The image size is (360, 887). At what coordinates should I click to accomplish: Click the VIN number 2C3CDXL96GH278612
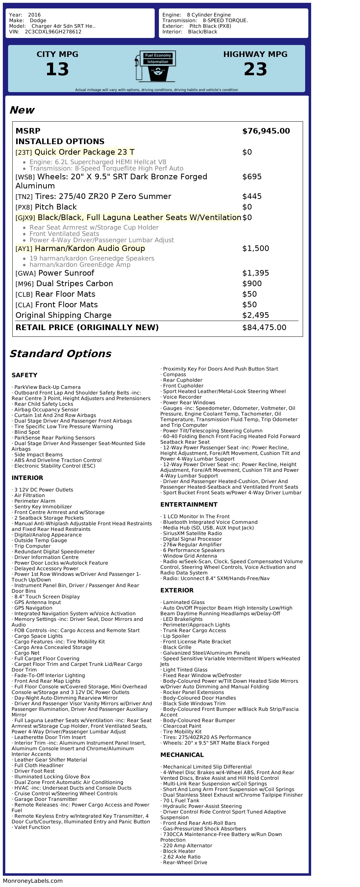tap(53, 32)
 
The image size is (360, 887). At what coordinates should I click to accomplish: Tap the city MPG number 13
tap(57, 69)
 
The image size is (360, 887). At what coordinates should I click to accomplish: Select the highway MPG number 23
tap(255, 69)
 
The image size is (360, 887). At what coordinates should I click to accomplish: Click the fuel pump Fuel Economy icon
tap(155, 66)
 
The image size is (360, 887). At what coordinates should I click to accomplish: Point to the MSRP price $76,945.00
tap(266, 131)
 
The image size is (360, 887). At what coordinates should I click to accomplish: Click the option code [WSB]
tap(25, 177)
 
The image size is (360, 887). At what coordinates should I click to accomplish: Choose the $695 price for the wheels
tap(252, 177)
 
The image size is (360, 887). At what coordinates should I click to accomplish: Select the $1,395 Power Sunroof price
tap(256, 273)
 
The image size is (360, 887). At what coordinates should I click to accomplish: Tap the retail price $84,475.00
tap(264, 328)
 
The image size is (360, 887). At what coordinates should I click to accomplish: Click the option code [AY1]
tap(24, 249)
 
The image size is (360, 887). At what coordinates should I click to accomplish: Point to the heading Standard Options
tap(60, 354)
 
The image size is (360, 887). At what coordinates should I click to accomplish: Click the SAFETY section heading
tap(24, 375)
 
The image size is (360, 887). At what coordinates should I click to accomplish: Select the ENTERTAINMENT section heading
tap(189, 504)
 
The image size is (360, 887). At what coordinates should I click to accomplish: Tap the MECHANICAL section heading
tap(182, 755)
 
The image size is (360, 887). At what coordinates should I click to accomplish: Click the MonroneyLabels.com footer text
tap(33, 881)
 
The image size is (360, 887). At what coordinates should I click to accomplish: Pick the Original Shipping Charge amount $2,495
tap(256, 315)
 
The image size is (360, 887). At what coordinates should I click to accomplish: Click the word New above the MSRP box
tap(22, 110)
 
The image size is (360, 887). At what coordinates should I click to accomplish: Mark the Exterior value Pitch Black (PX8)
tap(210, 26)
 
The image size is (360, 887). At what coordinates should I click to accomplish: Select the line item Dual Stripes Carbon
tap(75, 284)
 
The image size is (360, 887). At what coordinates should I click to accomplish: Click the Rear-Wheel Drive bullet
tap(185, 862)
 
